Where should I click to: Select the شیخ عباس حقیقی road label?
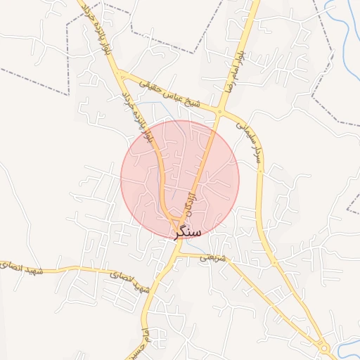point(173,93)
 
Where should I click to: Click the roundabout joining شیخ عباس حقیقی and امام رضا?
point(220,111)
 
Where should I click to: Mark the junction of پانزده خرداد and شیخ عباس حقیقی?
point(122,74)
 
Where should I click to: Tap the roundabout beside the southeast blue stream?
point(324,347)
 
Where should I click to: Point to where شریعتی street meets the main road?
point(180,253)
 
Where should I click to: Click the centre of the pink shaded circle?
point(180,179)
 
